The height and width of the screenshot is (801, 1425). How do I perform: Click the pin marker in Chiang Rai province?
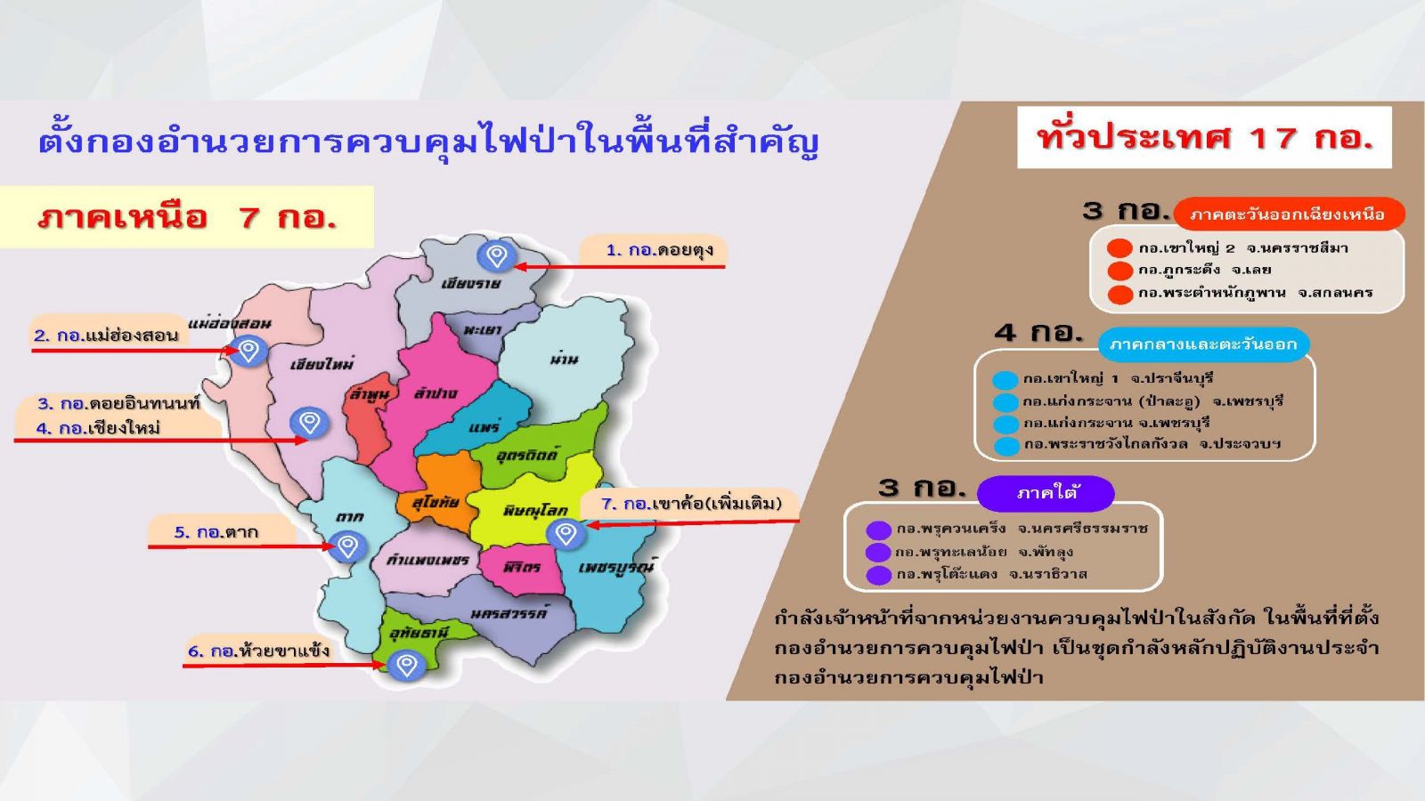pyautogui.click(x=496, y=255)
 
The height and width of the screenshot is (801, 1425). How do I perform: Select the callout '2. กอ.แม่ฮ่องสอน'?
pyautogui.click(x=108, y=335)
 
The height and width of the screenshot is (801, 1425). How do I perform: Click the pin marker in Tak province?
pyautogui.click(x=347, y=546)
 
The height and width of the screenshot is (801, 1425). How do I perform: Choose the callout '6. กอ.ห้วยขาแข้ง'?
pyautogui.click(x=258, y=651)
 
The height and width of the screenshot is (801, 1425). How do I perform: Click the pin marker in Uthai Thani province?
pyautogui.click(x=406, y=666)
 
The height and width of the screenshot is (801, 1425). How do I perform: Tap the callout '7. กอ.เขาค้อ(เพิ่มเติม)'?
pyautogui.click(x=690, y=504)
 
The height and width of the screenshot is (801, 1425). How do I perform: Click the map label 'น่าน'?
pyautogui.click(x=565, y=359)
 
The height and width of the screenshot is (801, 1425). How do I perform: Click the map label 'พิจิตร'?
pyautogui.click(x=522, y=566)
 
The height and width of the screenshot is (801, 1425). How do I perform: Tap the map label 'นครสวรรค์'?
pyautogui.click(x=509, y=613)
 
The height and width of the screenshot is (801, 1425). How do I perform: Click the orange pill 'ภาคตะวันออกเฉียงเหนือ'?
pyautogui.click(x=1289, y=214)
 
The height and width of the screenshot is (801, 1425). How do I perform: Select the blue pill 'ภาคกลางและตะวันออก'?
pyautogui.click(x=1203, y=344)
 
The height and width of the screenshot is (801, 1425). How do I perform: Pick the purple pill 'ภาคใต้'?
pyautogui.click(x=1046, y=493)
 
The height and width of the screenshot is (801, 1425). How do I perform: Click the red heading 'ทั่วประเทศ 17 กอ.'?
pyautogui.click(x=1204, y=137)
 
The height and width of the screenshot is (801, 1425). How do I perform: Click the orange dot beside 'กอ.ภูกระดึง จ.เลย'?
pyautogui.click(x=1120, y=271)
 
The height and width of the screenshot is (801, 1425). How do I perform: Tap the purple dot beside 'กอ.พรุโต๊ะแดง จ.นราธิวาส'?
pyautogui.click(x=878, y=575)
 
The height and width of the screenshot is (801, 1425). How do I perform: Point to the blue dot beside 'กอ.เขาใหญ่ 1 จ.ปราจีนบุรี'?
pyautogui.click(x=1006, y=380)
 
